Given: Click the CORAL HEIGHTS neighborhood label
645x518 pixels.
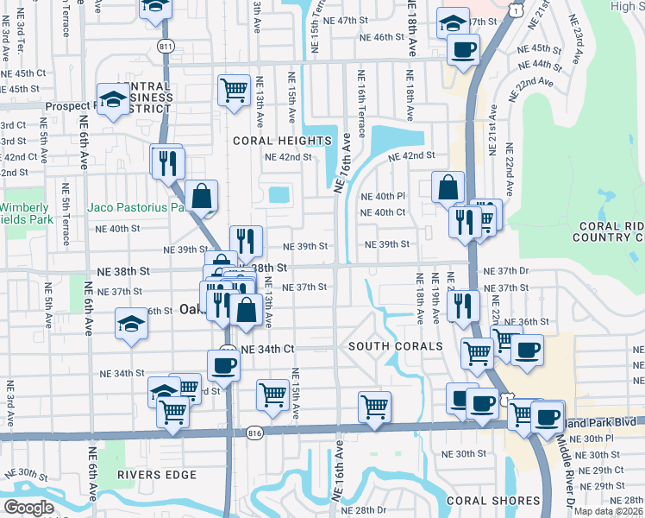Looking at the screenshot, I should pos(280,140).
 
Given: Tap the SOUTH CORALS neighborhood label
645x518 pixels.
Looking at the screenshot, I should pos(395,346).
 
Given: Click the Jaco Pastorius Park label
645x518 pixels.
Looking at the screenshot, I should pos(136,207).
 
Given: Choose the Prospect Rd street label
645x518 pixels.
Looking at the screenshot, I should pos(35,106).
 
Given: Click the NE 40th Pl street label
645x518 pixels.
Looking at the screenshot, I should pos(383,196).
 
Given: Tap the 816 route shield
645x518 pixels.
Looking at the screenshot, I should pos(254,433).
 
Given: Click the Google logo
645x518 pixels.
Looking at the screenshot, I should pos(28,508).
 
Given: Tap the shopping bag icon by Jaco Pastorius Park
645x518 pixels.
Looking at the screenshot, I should pos(201,196).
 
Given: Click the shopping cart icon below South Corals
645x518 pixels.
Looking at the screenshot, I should pos(374,406).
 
